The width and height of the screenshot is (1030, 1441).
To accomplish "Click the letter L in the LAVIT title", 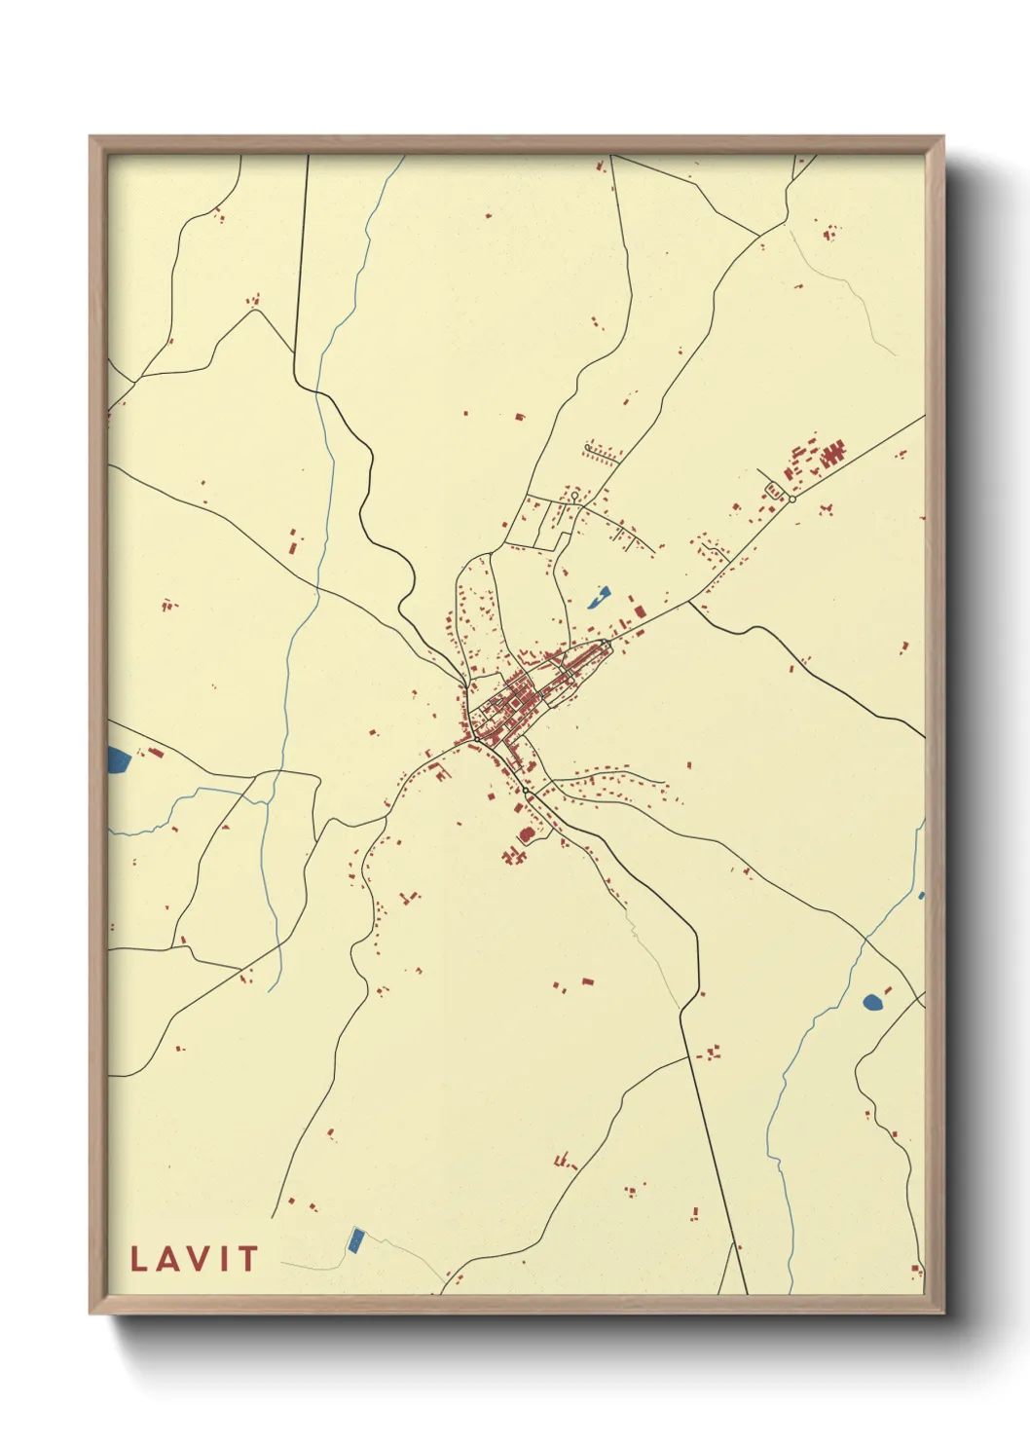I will pyautogui.click(x=138, y=1259).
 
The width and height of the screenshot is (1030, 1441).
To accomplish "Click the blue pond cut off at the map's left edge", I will pyautogui.click(x=118, y=759).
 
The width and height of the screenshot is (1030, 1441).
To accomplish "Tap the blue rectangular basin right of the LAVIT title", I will pyautogui.click(x=355, y=1239).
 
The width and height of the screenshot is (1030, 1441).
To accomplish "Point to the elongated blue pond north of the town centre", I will pyautogui.click(x=599, y=597).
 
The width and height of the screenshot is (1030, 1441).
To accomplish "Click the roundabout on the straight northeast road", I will pyautogui.click(x=792, y=499).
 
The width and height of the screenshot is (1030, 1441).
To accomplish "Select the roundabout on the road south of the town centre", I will pyautogui.click(x=527, y=792).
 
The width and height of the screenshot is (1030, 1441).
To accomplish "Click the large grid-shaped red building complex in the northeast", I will pyautogui.click(x=833, y=453).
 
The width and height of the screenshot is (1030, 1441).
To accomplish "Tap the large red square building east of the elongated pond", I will pyautogui.click(x=640, y=610).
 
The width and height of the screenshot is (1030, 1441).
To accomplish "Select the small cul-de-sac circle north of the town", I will pyautogui.click(x=574, y=497).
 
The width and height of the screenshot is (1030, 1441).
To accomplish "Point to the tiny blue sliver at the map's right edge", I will pyautogui.click(x=921, y=895).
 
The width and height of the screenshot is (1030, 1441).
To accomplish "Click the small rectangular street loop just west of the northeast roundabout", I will pyautogui.click(x=775, y=492).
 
